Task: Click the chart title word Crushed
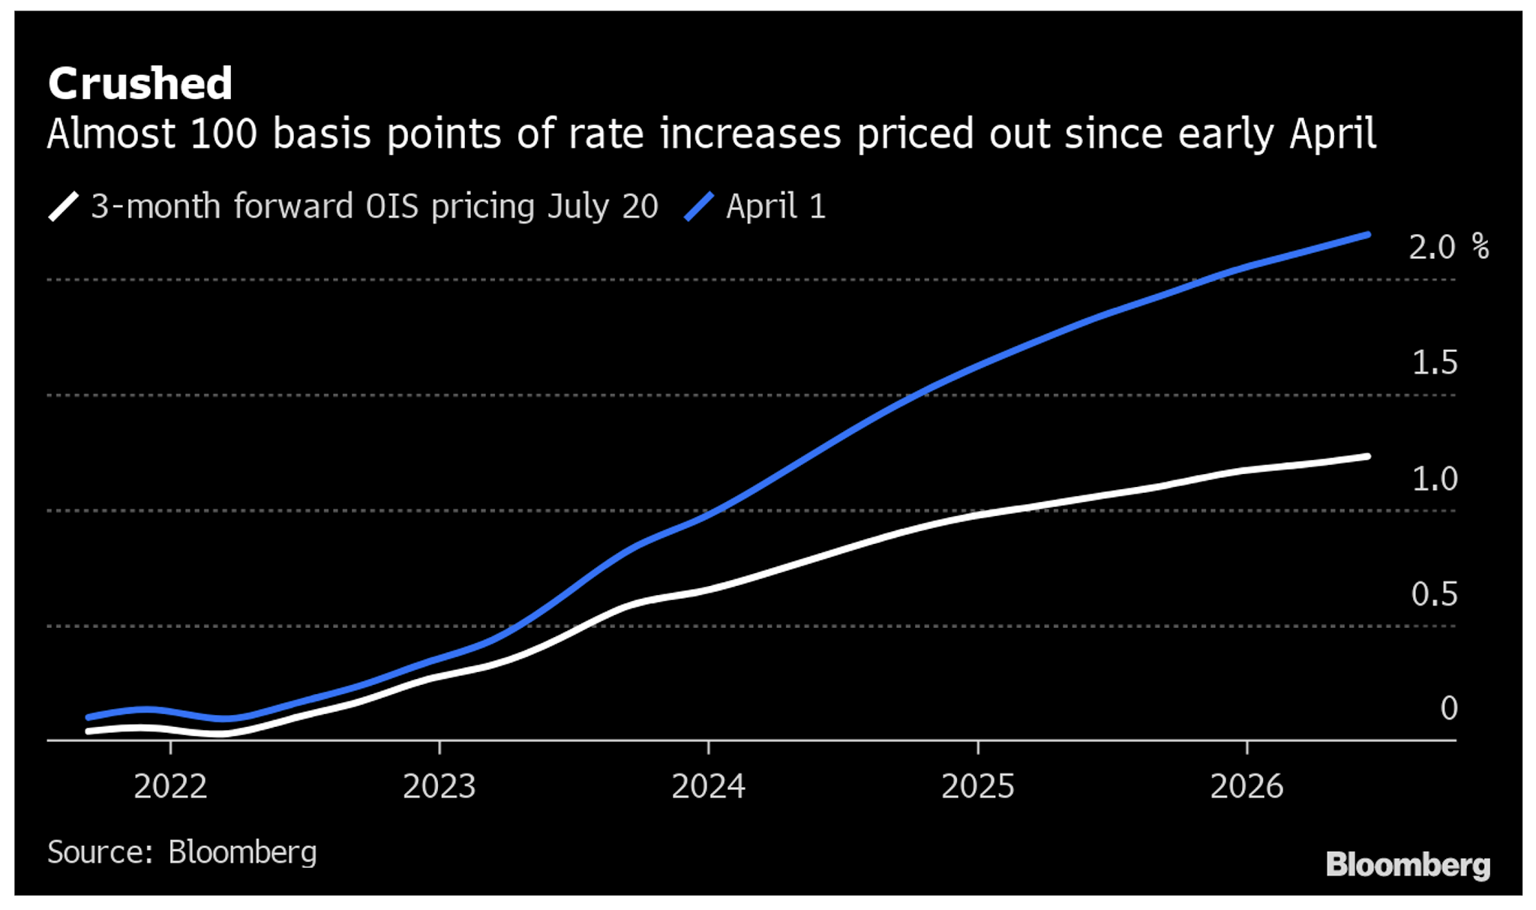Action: [140, 83]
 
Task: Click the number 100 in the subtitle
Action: [223, 134]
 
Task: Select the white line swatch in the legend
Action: [64, 206]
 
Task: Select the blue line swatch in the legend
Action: [699, 206]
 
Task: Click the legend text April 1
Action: [775, 206]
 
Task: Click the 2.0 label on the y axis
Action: [1432, 248]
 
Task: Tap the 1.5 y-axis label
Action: [1434, 363]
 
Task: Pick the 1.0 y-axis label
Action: [1434, 479]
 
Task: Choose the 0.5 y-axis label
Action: [1434, 594]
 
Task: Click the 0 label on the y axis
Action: [1449, 708]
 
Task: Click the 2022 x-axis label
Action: [170, 786]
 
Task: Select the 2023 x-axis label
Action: [439, 786]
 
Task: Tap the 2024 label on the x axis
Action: [709, 786]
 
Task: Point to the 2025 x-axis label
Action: [978, 786]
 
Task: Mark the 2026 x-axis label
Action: [1247, 786]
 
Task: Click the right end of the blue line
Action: [1367, 236]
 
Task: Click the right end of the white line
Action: [1367, 456]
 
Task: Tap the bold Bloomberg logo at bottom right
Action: [1408, 865]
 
